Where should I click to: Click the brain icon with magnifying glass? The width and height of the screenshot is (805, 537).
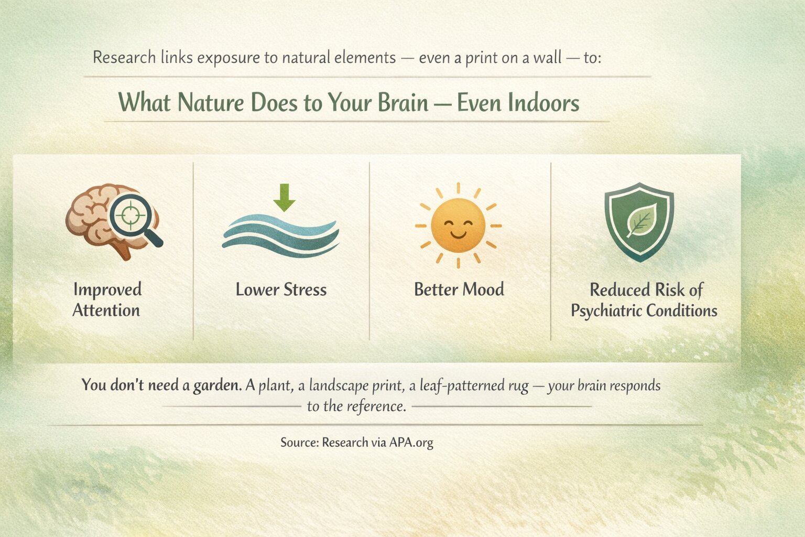[114, 221]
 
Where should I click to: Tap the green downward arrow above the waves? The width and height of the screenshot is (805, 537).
[284, 198]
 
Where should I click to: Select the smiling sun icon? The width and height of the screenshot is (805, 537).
[458, 225]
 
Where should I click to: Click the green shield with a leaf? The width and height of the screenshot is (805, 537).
[639, 222]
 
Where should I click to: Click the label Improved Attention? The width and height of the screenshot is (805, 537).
[107, 300]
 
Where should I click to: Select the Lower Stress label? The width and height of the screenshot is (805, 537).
[281, 289]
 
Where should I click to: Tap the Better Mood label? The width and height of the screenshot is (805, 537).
[459, 289]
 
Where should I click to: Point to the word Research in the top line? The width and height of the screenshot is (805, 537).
[124, 58]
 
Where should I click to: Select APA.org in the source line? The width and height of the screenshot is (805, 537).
[411, 443]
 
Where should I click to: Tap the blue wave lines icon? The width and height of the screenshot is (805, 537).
[281, 235]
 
